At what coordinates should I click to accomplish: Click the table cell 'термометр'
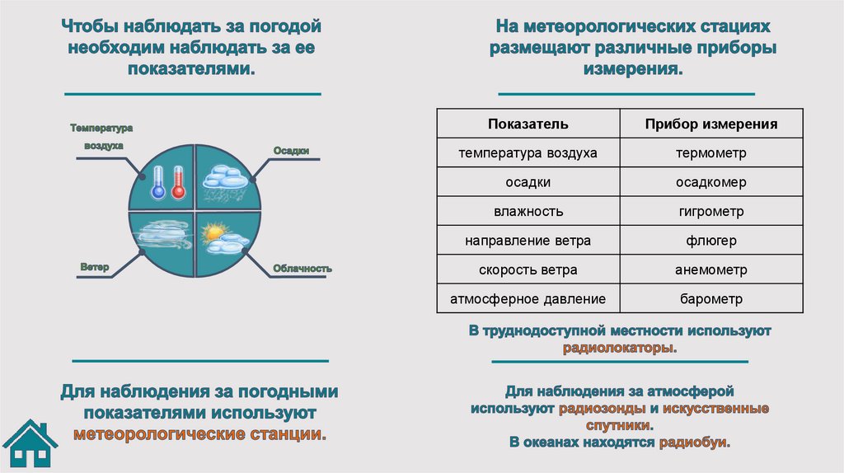710,153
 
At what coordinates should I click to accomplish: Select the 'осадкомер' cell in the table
710,182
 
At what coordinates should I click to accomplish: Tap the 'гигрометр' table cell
710,212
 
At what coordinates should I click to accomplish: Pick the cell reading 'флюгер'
710,241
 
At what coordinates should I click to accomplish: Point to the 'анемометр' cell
710,269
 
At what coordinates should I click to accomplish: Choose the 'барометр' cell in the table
710,298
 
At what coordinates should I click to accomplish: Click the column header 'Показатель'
527,124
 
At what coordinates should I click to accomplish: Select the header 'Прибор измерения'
710,124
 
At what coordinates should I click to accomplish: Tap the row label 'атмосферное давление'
527,298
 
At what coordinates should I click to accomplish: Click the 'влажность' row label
527,212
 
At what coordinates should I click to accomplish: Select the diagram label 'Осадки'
291,151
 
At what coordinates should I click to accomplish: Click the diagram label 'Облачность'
303,269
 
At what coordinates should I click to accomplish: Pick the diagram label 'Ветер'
96,268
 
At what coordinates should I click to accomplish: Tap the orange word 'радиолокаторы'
618,348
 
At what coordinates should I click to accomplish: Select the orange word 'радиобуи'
693,443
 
